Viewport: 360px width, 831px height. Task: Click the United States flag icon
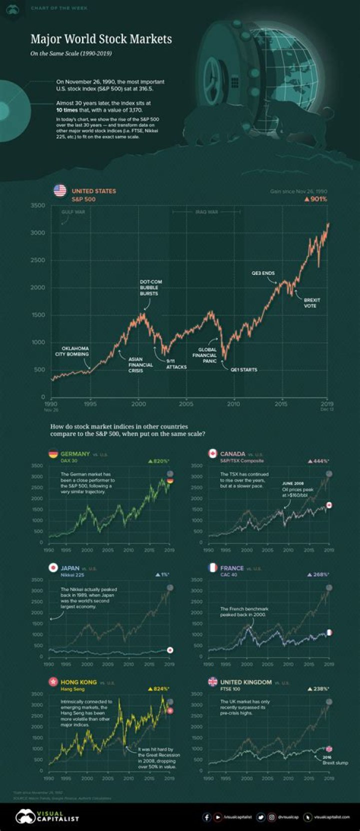click(59, 190)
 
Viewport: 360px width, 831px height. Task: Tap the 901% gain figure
click(315, 199)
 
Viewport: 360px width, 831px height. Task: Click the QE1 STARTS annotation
click(243, 369)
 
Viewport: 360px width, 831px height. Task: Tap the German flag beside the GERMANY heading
click(52, 454)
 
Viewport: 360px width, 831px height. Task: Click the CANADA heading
click(232, 454)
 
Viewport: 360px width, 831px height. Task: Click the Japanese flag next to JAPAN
click(52, 567)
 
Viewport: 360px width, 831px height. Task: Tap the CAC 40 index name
click(228, 575)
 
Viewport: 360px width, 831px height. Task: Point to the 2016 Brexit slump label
click(334, 759)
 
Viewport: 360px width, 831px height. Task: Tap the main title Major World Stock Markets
click(101, 39)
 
